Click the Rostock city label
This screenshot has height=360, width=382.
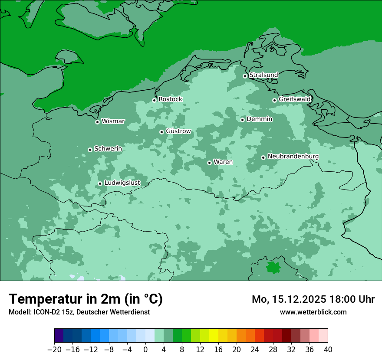coord(170,99)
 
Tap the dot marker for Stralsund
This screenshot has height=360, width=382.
coord(245,76)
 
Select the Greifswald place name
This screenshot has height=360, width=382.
coord(294,99)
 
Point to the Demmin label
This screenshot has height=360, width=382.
coord(259,119)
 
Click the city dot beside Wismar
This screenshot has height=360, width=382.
coord(98,122)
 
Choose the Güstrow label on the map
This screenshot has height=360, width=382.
coord(178,131)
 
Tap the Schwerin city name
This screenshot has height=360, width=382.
coord(108,149)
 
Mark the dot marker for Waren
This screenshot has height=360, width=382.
coord(209,163)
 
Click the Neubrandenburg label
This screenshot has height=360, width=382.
coord(293,157)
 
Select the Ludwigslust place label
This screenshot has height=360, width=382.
coord(122,183)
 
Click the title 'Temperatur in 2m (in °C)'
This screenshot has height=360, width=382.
coord(86,299)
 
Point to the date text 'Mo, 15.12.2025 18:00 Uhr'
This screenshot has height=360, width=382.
coord(313,299)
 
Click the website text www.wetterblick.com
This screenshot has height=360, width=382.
coord(313,312)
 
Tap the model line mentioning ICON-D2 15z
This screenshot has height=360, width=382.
coord(79,312)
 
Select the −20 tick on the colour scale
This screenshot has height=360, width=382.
coord(54,349)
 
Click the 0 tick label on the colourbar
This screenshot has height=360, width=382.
coord(145,349)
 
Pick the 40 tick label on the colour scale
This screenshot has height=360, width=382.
coord(328,349)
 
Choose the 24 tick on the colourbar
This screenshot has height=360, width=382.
coord(255,349)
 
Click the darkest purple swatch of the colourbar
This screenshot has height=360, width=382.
coord(59,336)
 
